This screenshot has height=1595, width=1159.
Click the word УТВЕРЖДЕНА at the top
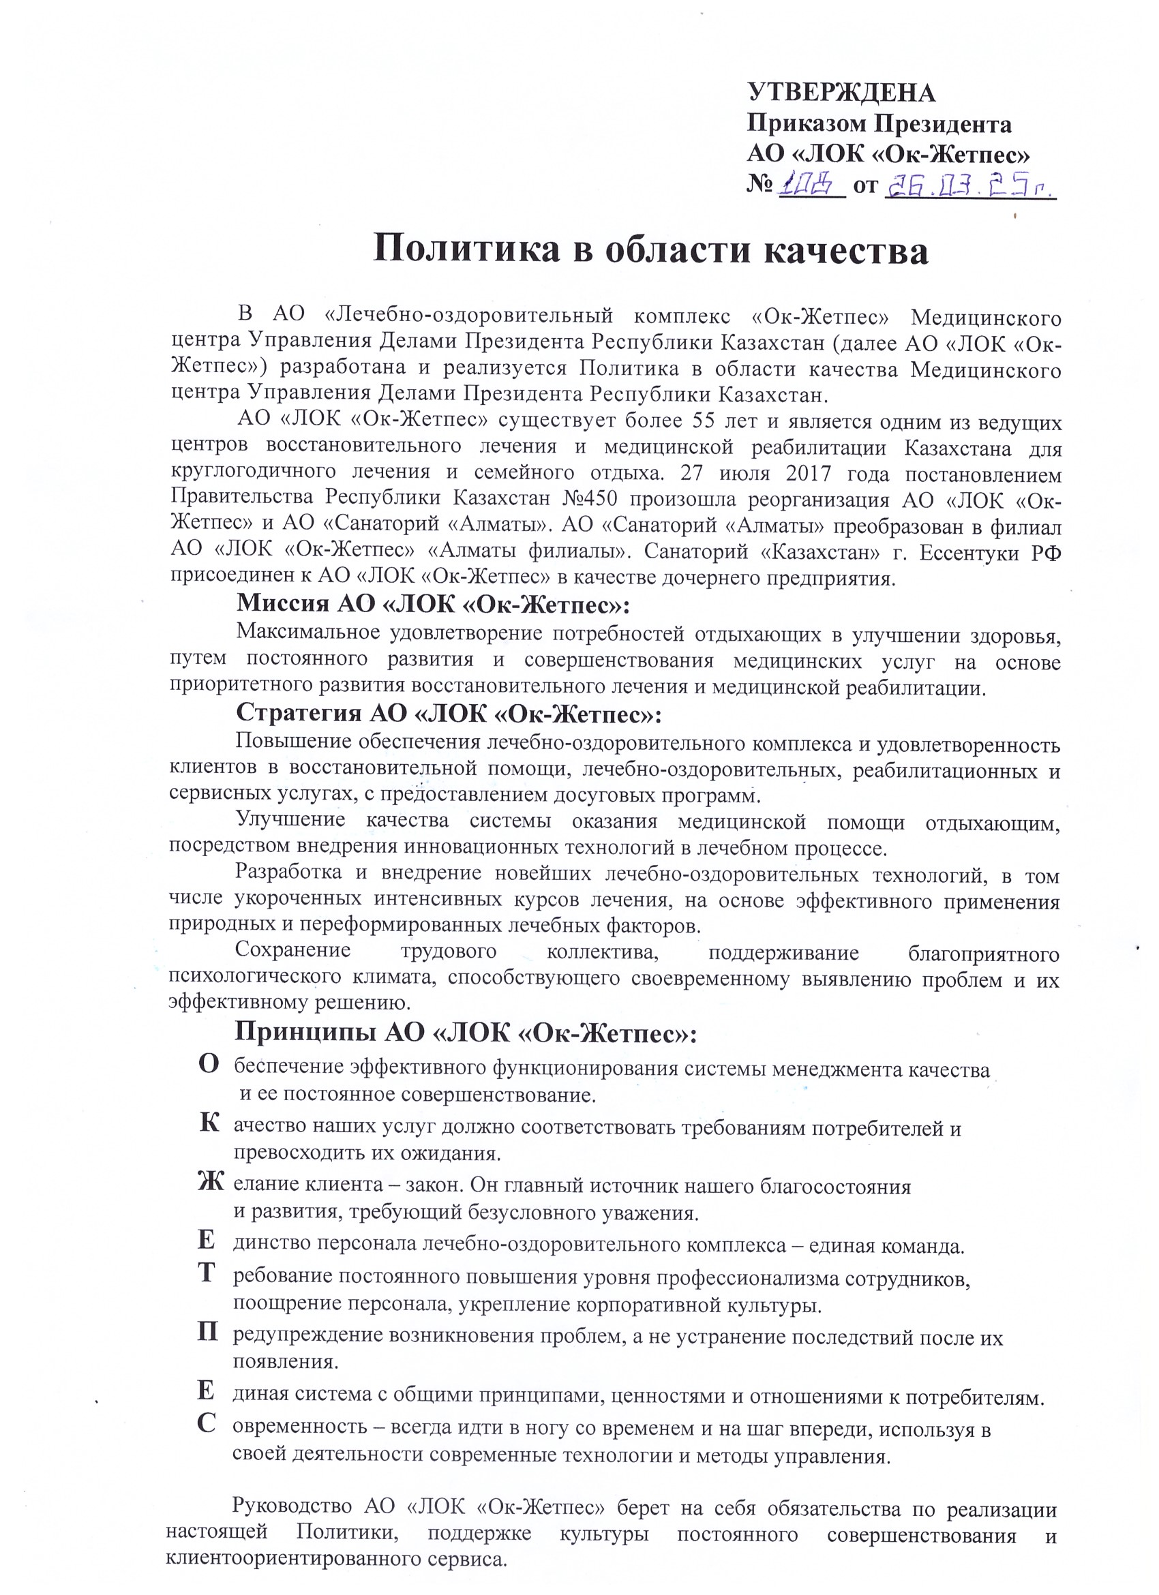841,93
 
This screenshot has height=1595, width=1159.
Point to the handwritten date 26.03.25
970,185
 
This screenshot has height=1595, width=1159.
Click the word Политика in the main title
466,249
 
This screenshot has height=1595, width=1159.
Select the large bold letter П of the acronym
207,1333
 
